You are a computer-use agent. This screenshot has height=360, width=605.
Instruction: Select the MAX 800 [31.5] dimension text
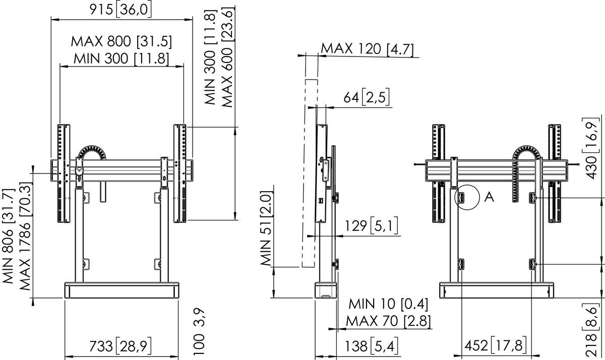point(122,41)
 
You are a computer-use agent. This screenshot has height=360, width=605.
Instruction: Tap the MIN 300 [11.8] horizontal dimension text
point(122,58)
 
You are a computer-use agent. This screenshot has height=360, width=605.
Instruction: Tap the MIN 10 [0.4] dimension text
point(388,304)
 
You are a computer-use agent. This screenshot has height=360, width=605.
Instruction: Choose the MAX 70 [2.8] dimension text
point(388,321)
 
